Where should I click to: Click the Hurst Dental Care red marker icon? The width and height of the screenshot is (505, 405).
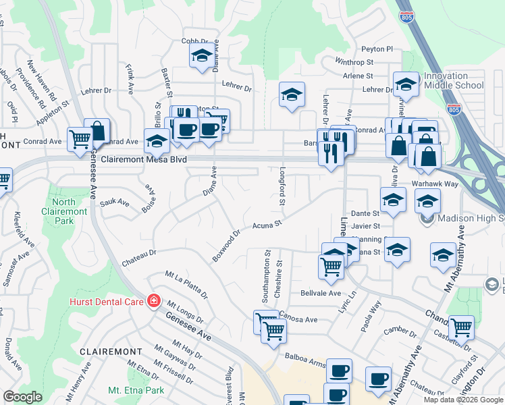[154, 300]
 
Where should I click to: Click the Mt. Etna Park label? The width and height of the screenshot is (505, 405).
[136, 390]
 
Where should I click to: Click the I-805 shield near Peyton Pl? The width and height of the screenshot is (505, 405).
[406, 15]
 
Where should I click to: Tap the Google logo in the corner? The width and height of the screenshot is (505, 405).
[22, 397]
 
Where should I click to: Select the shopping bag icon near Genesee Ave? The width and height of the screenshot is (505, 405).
[97, 130]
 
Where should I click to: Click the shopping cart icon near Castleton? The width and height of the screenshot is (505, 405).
[461, 327]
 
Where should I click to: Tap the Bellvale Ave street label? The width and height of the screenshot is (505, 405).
[321, 294]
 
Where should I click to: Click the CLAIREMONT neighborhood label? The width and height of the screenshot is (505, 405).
[111, 352]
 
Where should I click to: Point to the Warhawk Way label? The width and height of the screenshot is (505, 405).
[435, 184]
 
